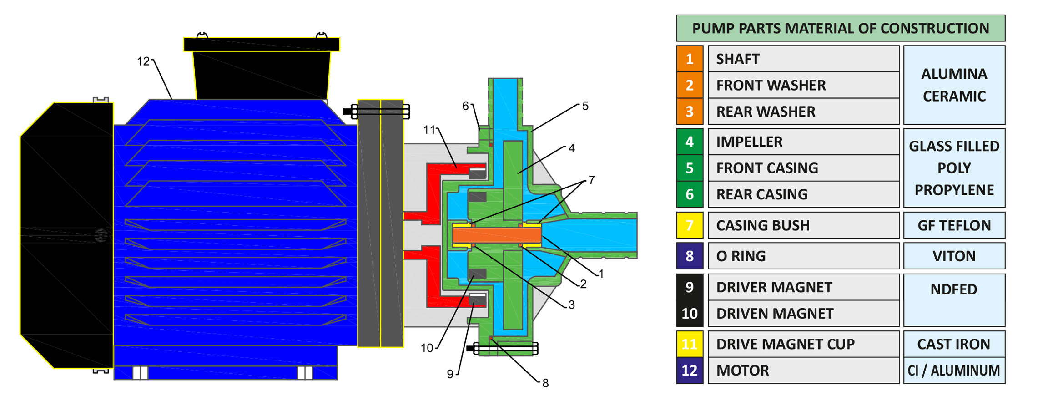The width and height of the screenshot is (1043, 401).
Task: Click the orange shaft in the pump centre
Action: tap(497, 235)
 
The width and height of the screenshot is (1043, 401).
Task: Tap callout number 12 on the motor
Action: tap(143, 61)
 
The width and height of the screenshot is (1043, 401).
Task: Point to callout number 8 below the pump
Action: tap(545, 383)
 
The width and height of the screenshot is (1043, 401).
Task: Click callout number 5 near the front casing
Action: tap(585, 106)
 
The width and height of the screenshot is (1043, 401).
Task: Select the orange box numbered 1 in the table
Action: tap(690, 59)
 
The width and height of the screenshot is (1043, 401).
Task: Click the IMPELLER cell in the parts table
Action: tap(803, 142)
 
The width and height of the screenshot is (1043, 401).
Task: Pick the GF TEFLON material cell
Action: tap(954, 225)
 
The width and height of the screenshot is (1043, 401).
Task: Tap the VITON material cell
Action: tap(954, 256)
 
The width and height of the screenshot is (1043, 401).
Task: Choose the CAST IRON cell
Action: tap(954, 344)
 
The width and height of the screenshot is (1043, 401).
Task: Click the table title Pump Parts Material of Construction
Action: tap(840, 28)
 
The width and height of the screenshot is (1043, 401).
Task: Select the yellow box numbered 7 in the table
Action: tap(690, 225)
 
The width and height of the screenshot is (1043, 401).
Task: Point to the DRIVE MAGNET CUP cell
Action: tap(803, 344)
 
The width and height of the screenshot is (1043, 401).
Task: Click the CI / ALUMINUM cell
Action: tap(954, 371)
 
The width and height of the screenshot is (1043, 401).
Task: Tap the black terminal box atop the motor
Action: tap(262, 73)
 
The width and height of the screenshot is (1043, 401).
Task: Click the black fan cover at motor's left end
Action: tap(66, 235)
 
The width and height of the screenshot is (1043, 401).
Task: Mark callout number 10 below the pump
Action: tap(427, 348)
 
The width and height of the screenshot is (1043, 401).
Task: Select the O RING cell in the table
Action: tap(803, 256)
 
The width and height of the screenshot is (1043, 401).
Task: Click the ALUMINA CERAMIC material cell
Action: tap(954, 85)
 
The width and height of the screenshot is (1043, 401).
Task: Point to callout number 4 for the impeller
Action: tap(571, 148)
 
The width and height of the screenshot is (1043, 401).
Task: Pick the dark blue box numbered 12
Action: tap(690, 371)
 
